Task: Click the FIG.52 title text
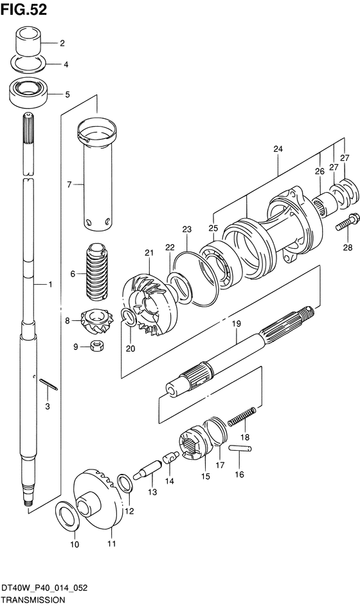pyautogui.click(x=24, y=10)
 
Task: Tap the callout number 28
pyautogui.click(x=348, y=247)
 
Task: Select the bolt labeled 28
pyautogui.click(x=346, y=222)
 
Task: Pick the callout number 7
pyautogui.click(x=69, y=185)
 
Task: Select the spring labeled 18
pyautogui.click(x=242, y=417)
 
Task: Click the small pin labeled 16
pyautogui.click(x=240, y=449)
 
